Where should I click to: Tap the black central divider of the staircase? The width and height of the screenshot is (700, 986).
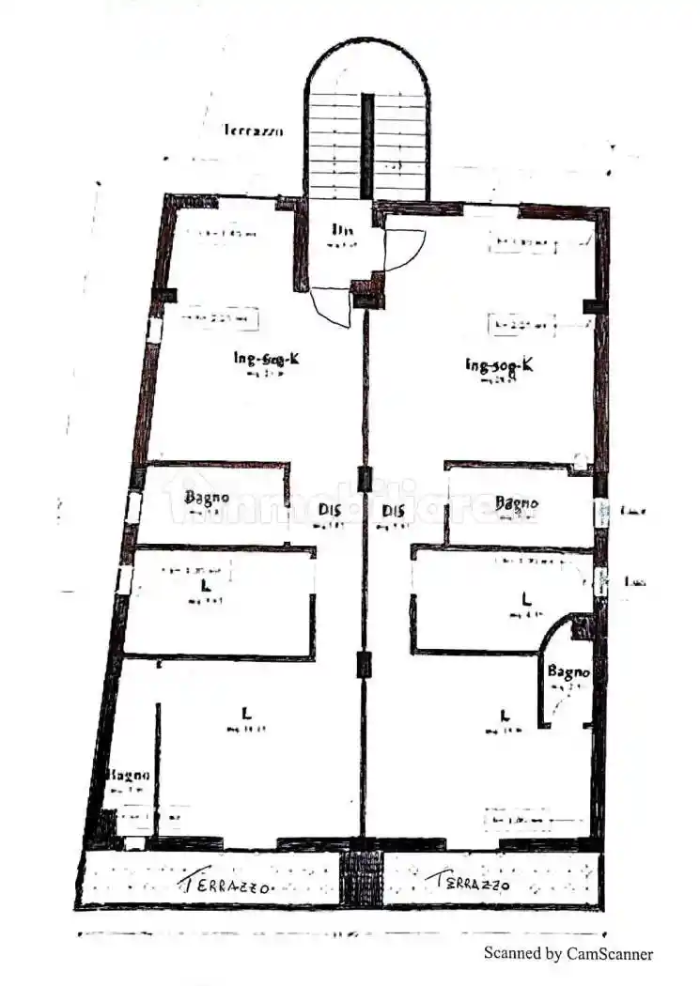point(367,146)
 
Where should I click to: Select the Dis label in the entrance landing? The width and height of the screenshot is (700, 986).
point(341,230)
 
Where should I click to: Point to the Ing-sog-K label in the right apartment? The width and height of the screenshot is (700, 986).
point(499,364)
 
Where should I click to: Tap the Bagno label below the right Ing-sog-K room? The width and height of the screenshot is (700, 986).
point(517,503)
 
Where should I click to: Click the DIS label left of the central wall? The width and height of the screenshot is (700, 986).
point(329,511)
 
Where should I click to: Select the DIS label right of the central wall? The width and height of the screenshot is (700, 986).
point(395,511)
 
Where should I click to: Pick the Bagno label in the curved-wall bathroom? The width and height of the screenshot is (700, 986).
point(568,672)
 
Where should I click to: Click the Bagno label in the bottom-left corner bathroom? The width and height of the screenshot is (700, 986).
point(128,776)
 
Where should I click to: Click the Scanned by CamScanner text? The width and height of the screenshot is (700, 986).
point(568,953)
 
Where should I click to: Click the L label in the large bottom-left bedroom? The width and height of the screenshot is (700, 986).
point(232,714)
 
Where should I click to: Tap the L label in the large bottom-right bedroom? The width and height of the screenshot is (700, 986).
point(505,714)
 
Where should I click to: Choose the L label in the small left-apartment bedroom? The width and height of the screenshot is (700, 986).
point(204,586)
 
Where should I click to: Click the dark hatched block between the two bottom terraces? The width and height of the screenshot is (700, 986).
point(361,878)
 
